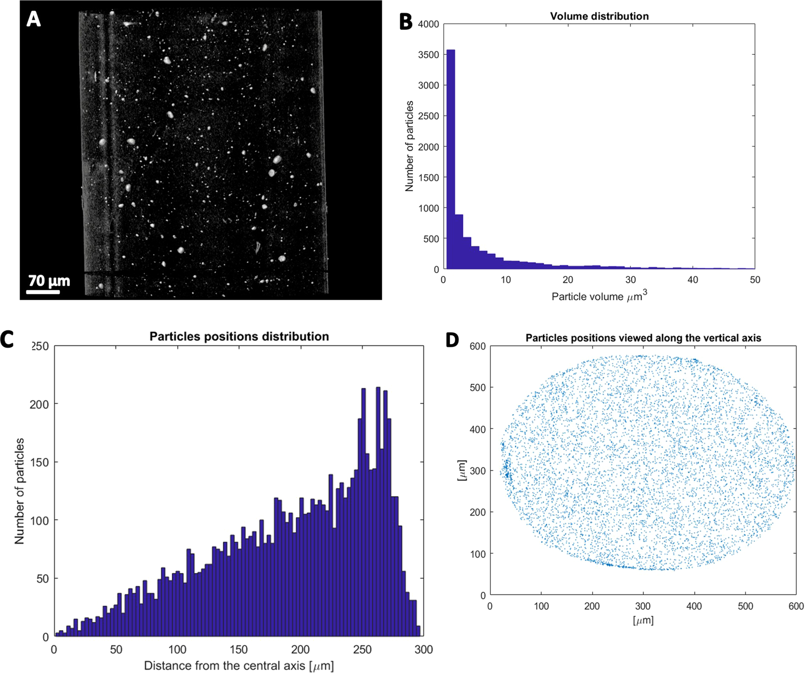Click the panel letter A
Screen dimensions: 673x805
33,19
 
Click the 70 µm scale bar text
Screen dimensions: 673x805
49,281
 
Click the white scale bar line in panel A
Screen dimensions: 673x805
43,292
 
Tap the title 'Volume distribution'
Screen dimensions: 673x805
599,16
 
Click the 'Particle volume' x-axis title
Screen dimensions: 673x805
599,296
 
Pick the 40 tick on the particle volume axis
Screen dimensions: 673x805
692,280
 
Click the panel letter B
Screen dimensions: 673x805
406,22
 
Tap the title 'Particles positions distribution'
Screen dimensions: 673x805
239,336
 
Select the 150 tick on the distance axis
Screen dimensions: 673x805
239,650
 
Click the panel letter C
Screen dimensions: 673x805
7,339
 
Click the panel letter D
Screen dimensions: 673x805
453,339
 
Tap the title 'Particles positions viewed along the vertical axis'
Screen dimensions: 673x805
643,338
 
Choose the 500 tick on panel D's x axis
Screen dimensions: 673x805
745,606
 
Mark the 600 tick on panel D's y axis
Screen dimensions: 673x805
478,346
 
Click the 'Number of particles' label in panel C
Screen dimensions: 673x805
20,491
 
